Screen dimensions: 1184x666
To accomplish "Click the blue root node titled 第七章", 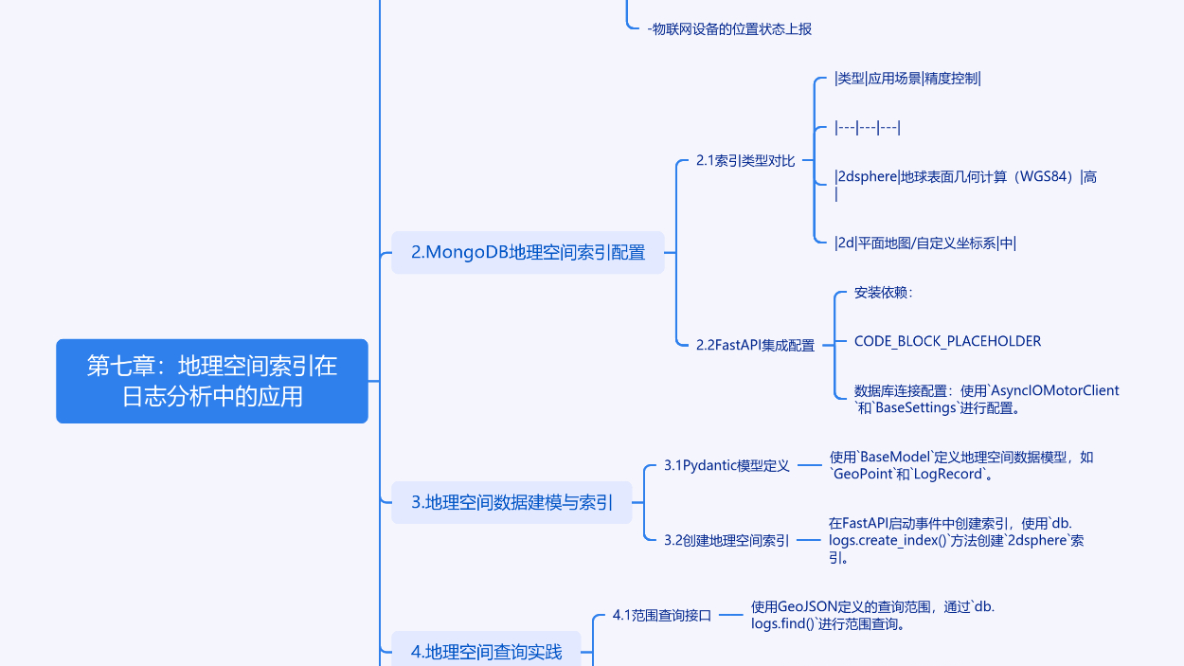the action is [x=212, y=381].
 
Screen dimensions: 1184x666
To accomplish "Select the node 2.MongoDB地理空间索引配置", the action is [x=528, y=253].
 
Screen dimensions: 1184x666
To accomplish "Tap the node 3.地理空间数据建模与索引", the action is [x=512, y=502].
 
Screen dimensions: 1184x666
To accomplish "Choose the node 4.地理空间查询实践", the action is [x=486, y=652].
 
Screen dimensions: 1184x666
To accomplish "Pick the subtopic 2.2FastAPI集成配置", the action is [x=755, y=345].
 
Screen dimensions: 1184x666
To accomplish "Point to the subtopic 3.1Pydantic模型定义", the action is [x=727, y=465].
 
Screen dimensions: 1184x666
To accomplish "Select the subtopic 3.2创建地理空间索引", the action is [x=727, y=540].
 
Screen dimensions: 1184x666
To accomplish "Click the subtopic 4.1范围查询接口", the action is [x=661, y=615].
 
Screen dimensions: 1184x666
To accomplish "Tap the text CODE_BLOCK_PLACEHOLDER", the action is [x=947, y=341].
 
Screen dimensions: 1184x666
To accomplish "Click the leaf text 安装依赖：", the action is [x=883, y=293].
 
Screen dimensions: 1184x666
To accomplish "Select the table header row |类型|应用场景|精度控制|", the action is [x=907, y=79].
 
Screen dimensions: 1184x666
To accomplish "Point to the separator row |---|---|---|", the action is [x=867, y=128].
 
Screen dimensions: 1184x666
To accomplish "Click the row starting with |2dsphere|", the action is [x=965, y=177].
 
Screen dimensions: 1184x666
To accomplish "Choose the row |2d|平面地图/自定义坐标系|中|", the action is [x=924, y=243].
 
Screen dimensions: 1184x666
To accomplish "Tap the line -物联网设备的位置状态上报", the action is [x=729, y=29].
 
